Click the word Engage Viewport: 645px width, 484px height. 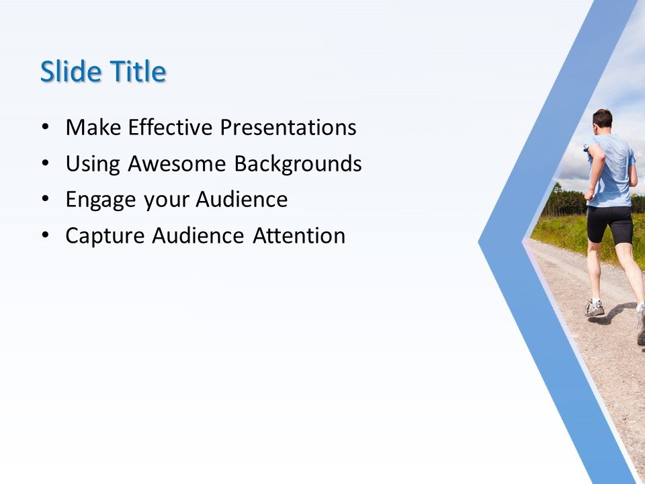tap(96, 200)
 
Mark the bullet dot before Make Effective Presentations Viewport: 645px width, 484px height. tap(45, 128)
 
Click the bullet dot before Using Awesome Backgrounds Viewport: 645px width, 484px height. tap(45, 164)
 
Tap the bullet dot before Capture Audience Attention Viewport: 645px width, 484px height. tap(45, 237)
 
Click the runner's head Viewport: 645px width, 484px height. tap(603, 119)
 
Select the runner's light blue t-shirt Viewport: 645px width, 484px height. tap(611, 168)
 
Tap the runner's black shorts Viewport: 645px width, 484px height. tap(609, 224)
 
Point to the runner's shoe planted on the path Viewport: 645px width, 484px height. tap(595, 309)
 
